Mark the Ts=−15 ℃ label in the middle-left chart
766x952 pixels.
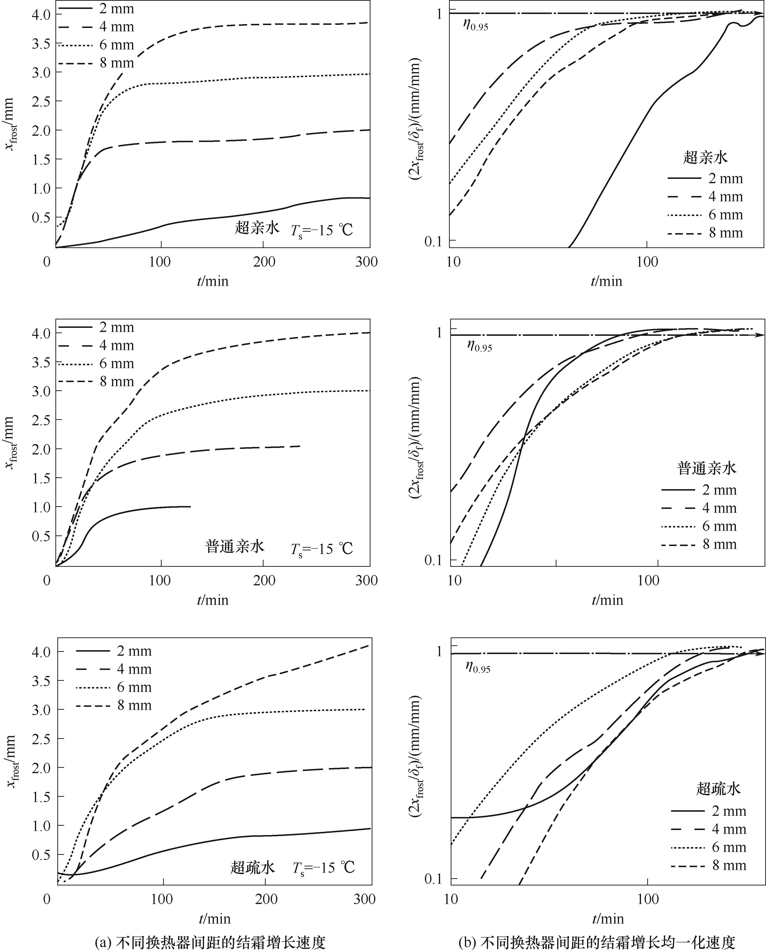pos(322,549)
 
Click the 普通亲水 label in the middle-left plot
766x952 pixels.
pos(235,547)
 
